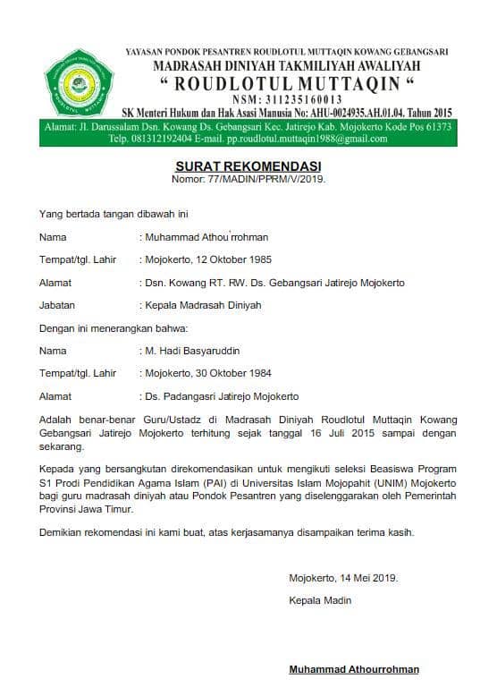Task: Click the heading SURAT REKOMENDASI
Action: [248, 167]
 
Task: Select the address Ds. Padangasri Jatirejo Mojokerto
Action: [222, 395]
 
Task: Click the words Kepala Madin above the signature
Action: [320, 600]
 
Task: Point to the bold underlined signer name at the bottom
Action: [353, 669]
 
